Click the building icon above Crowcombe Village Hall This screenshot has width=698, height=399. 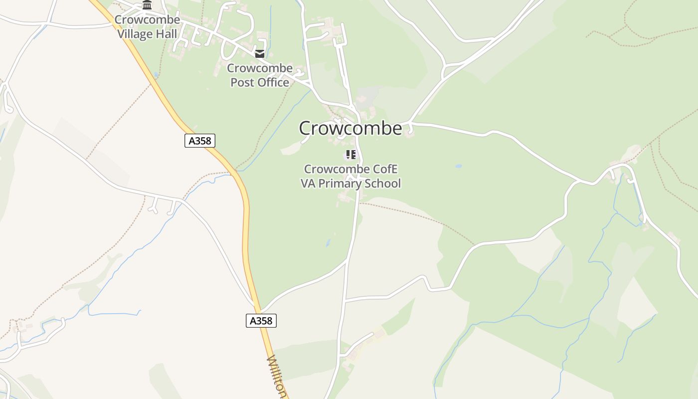pyautogui.click(x=147, y=5)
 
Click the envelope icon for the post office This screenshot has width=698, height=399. pyautogui.click(x=260, y=54)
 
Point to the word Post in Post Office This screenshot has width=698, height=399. pyautogui.click(x=242, y=82)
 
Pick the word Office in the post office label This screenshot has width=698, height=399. pyautogui.click(x=273, y=82)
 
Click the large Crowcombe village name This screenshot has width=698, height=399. pyautogui.click(x=350, y=128)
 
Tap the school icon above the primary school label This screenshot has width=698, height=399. pyautogui.click(x=350, y=155)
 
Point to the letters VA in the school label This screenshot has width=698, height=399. pyautogui.click(x=308, y=184)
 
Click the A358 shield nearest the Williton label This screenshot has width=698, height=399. pyautogui.click(x=261, y=321)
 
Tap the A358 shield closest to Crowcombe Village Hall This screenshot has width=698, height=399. pyautogui.click(x=200, y=141)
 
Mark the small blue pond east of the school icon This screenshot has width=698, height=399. pyautogui.click(x=459, y=166)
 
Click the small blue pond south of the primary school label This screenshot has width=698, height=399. pyautogui.click(x=328, y=243)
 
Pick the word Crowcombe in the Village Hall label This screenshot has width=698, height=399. pyautogui.click(x=147, y=20)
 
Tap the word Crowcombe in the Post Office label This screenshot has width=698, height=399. pyautogui.click(x=260, y=68)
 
